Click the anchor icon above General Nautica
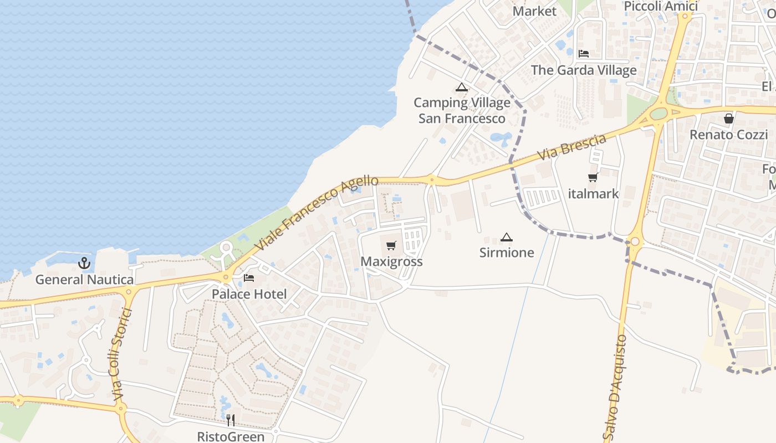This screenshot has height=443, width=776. tap(84, 263)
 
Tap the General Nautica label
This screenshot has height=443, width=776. tap(84, 280)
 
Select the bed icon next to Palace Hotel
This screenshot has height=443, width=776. tap(249, 278)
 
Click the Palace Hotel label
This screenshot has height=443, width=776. tap(249, 294)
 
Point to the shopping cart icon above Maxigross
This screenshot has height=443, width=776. tap(391, 245)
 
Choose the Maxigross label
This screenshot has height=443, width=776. tap(391, 261)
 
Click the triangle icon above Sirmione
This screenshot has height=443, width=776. tap(506, 238)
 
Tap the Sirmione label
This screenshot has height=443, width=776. tap(507, 253)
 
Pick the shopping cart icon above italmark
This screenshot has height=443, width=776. tap(593, 178)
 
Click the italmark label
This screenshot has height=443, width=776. tap(594, 194)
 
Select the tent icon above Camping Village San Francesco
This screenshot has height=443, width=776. tap(462, 87)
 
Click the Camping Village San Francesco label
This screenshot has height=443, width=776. tap(462, 110)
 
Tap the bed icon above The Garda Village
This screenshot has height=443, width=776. tap(583, 54)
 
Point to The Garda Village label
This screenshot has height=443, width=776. tap(584, 70)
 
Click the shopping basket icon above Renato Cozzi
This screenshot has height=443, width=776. tap(728, 119)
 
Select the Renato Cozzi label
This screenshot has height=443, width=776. tap(728, 135)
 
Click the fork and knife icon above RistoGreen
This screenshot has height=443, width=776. tap(231, 420)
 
